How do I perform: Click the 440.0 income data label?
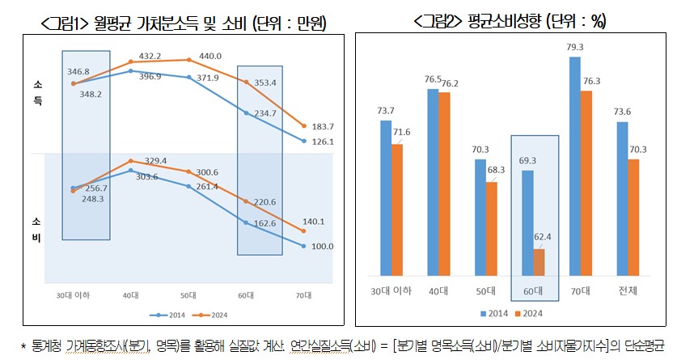click(199, 57)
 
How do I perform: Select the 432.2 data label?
click(146, 56)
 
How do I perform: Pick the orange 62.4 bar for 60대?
click(539, 261)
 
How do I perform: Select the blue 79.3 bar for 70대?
click(575, 165)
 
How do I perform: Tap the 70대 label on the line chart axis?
click(303, 295)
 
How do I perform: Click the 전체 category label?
click(627, 290)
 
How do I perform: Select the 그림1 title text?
click(183, 24)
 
